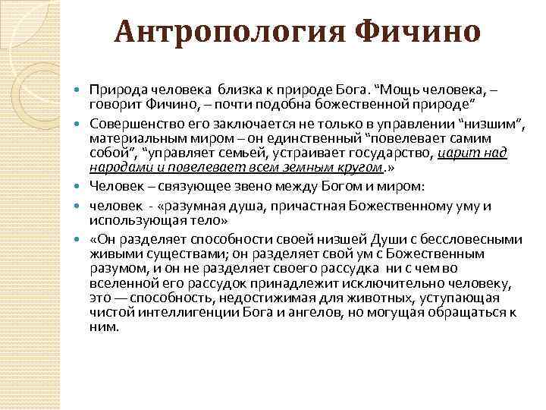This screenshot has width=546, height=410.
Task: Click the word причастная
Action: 312,205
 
